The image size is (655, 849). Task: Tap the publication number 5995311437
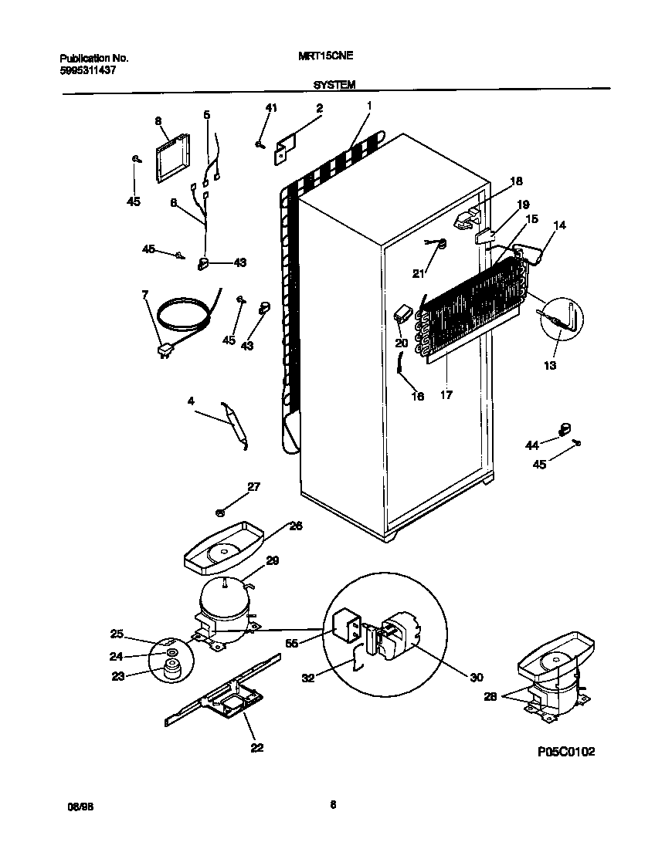(88, 70)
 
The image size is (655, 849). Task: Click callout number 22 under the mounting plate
(256, 747)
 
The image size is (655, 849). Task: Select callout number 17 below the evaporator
(446, 394)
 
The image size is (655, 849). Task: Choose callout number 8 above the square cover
(158, 121)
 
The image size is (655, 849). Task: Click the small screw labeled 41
(261, 143)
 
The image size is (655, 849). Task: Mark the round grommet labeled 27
(220, 511)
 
